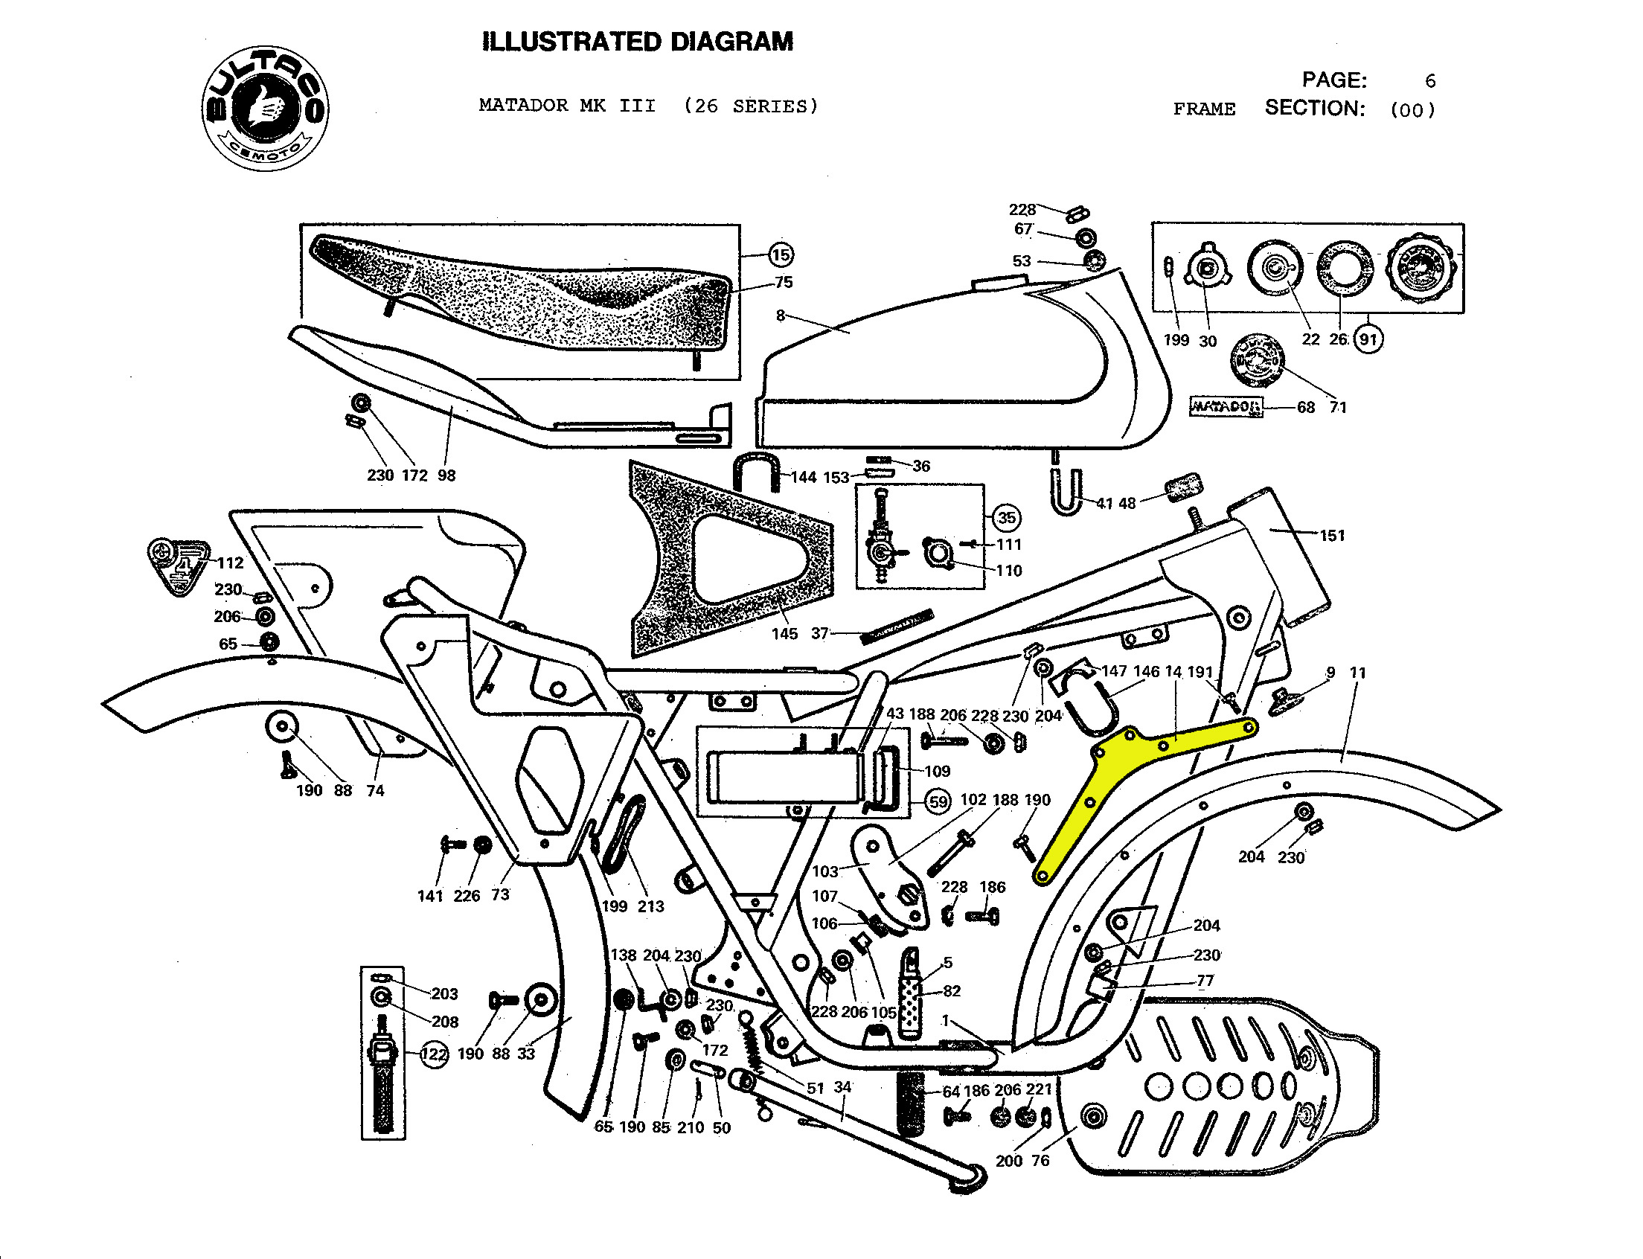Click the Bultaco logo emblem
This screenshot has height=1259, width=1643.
coord(265,108)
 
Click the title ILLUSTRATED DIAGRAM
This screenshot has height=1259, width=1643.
coord(638,42)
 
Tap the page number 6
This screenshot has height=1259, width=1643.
coord(1430,81)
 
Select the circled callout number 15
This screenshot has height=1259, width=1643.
coord(781,254)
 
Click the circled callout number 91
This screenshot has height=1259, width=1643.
coord(1368,339)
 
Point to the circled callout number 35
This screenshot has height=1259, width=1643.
coord(1006,518)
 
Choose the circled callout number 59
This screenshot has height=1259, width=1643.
coord(938,802)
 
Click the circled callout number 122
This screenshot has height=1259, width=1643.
coord(434,1054)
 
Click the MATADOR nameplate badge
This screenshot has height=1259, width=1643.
coord(1226,407)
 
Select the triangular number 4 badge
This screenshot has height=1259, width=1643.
coord(179,565)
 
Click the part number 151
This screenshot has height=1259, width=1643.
coord(1332,536)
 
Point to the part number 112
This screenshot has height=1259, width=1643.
coord(231,563)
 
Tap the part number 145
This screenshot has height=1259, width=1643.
coord(784,634)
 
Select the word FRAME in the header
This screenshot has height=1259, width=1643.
coord(1204,109)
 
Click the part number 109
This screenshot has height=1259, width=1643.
coord(937,771)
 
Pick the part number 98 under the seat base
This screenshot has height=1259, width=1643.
coord(446,476)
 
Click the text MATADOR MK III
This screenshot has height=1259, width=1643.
coord(568,106)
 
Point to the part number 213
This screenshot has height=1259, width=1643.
coord(650,907)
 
